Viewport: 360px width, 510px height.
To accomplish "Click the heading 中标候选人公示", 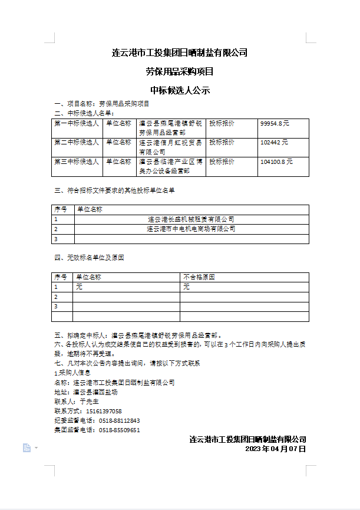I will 180,91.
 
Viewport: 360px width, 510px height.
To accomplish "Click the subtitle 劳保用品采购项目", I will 180,72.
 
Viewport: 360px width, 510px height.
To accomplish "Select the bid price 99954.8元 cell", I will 275,123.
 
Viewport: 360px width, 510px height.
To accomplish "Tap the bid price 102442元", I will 274,142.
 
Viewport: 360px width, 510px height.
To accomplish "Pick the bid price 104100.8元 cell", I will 276,161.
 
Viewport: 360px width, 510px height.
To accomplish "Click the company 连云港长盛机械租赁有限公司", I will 191,219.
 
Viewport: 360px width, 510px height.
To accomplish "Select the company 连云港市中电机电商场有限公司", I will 191,229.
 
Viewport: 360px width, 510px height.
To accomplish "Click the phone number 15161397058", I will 104,411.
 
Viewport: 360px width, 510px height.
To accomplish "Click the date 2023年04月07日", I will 276,449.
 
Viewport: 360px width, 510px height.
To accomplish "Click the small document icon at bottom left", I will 27,448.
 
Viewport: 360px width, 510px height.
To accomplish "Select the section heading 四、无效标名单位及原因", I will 89,258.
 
